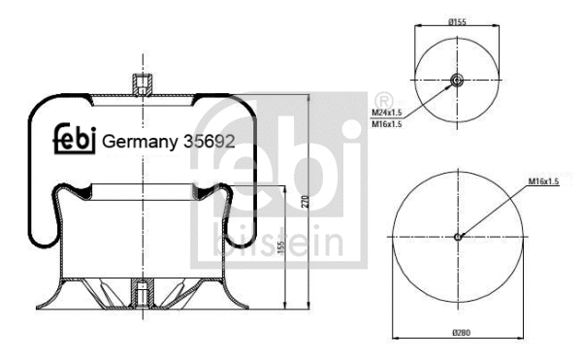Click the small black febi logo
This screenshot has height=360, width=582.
point(74,142)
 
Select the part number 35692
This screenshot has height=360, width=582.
point(210,143)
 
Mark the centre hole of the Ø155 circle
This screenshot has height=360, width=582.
point(456,82)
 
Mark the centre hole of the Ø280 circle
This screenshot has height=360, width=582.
point(458,236)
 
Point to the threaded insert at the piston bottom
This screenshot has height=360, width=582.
point(142,288)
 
